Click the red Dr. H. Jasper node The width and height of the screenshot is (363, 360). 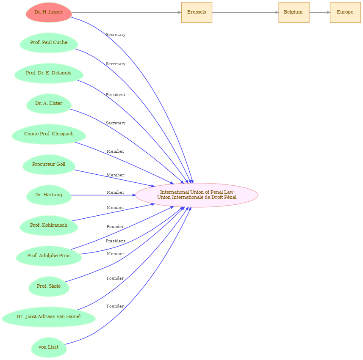coord(49,12)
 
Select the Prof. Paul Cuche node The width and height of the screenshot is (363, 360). coord(49,43)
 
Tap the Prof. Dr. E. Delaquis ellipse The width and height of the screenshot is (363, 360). coord(49,73)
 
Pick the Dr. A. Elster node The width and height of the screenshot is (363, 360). coord(49,104)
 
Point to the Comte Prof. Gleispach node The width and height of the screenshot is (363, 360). coord(49,134)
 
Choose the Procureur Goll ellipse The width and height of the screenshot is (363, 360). coord(49,165)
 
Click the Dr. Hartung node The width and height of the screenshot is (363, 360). coord(49,195)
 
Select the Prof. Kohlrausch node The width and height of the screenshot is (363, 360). coord(49,225)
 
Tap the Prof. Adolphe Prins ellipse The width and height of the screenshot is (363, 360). coord(49,256)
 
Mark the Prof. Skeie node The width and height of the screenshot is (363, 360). coord(49,286)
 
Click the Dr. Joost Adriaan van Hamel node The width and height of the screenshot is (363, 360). coord(49,317)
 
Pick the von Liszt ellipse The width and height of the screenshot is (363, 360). coord(49,347)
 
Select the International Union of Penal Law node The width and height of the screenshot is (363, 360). coord(197,195)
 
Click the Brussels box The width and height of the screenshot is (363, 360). coord(197,12)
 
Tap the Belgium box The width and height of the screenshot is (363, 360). coord(294,12)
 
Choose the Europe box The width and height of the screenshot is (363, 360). coord(345,12)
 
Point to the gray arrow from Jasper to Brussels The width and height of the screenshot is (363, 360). coord(127,12)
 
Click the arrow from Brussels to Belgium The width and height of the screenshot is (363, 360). coord(245,12)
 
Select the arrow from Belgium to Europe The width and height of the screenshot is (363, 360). coord(320,12)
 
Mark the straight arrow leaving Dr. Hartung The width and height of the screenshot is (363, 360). coord(103,195)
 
